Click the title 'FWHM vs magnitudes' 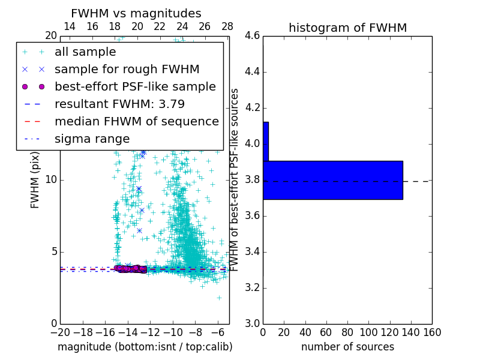pos(136,13)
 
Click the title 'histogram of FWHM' pos(347,28)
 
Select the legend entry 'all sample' pos(85,52)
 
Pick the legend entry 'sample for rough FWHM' pos(127,69)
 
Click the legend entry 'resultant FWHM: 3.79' pos(119,104)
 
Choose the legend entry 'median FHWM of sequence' pos(136,121)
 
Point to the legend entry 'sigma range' pos(92,139)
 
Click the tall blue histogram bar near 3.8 pos(332,180)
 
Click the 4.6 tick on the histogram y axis pos(253,36)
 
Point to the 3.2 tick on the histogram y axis pos(253,287)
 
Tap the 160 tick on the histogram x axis pos(432,332)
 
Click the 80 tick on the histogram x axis pos(347,332)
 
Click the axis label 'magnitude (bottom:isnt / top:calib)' pos(145,347)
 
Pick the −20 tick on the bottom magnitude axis pos(60,332)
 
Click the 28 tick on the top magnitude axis pos(227,26)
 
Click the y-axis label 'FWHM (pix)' pos(35,180)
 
